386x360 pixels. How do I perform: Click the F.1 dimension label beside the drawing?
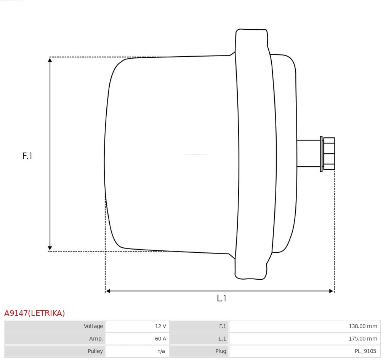coord(27,156)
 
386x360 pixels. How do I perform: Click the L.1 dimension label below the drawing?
coord(221,298)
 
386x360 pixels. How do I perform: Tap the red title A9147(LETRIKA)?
coord(35,313)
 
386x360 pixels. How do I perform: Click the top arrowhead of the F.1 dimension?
coord(50,60)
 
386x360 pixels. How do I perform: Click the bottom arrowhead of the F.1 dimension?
coord(50,248)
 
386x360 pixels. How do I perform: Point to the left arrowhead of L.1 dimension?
coord(108,291)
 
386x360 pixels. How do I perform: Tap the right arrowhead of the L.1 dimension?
coord(332,291)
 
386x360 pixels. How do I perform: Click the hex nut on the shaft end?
coord(329,153)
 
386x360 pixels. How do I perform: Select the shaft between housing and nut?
coord(308,153)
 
